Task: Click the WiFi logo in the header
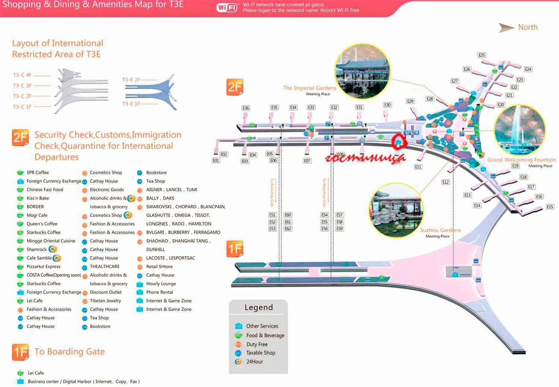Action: (x=227, y=7)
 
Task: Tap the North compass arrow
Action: (x=507, y=28)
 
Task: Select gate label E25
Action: (x=481, y=55)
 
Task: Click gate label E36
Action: (x=246, y=108)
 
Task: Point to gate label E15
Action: (x=550, y=207)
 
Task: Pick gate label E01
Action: (x=216, y=160)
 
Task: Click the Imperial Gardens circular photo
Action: (x=362, y=71)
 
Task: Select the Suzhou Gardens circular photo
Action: (x=396, y=210)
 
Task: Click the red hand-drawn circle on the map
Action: (x=398, y=141)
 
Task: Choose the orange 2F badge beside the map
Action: (x=235, y=87)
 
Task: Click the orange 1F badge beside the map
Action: (x=235, y=249)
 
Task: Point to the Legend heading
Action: (x=259, y=307)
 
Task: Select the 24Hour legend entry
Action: (x=255, y=362)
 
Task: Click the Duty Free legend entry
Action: (x=257, y=345)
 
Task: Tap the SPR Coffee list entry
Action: (x=37, y=173)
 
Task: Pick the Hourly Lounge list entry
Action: (x=161, y=284)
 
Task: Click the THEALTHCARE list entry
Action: (x=104, y=266)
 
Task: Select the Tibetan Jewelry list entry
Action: (x=105, y=301)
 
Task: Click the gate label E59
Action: (x=339, y=229)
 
